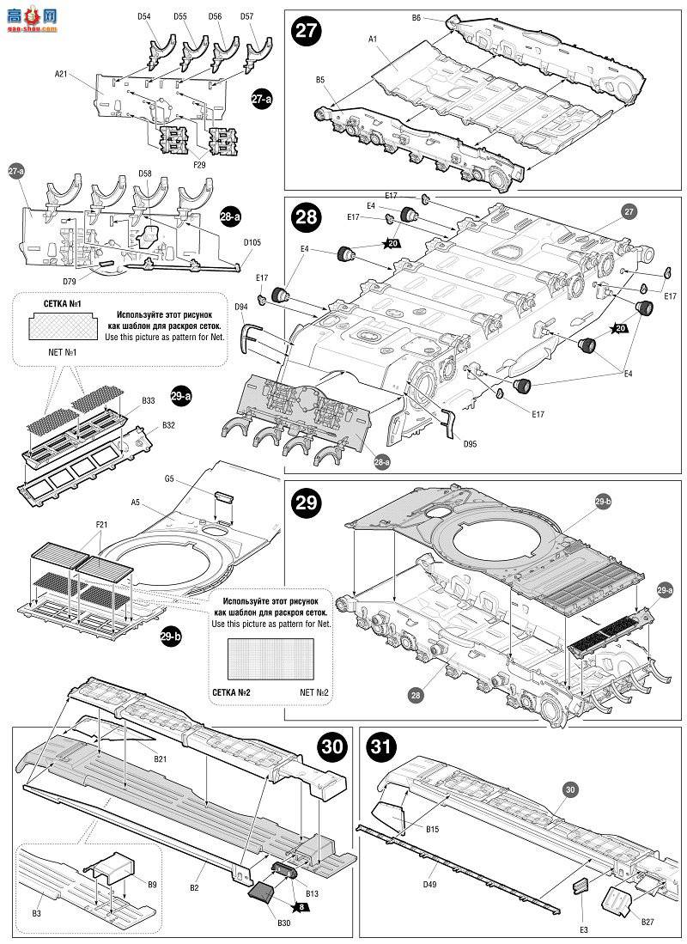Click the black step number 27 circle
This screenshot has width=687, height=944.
[x=306, y=31]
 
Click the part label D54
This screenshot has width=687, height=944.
[x=144, y=16]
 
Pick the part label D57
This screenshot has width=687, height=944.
[x=246, y=16]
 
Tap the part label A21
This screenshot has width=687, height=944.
[x=61, y=74]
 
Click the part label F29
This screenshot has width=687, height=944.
[x=199, y=163]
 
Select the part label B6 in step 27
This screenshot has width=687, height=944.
[x=416, y=17]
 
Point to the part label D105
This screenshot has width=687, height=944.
[x=252, y=242]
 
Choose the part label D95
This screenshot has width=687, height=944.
[x=469, y=444]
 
